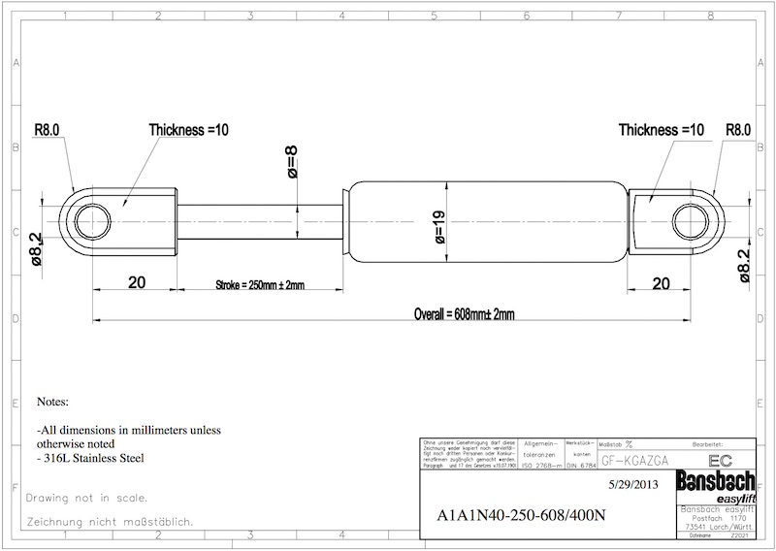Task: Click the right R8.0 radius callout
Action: [738, 128]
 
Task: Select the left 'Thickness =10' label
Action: [188, 128]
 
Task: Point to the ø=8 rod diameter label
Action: [292, 162]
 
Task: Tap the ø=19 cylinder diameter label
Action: [439, 226]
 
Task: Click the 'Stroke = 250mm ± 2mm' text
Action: [259, 285]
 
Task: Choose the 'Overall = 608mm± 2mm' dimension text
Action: [464, 314]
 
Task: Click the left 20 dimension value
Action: [136, 283]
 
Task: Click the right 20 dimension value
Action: [661, 283]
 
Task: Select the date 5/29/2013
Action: [634, 482]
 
